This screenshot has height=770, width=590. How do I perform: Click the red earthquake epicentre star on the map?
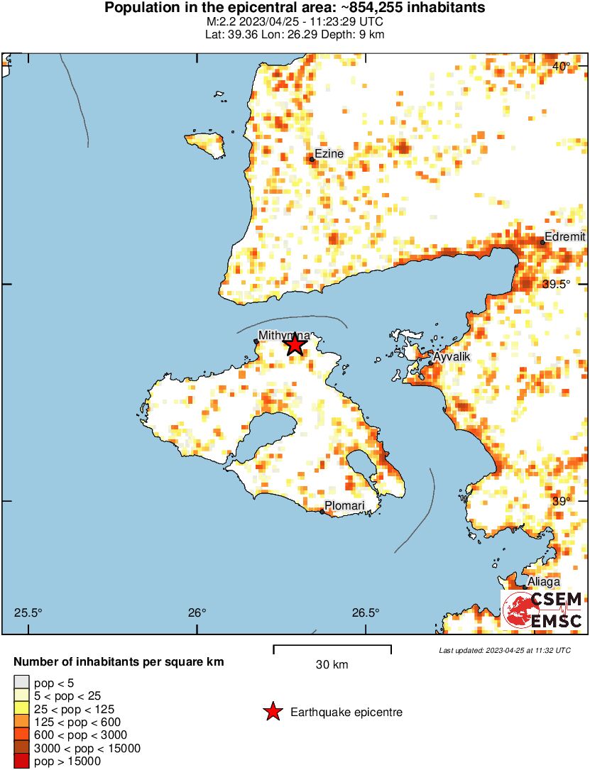295,345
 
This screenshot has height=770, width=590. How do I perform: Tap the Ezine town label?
329,153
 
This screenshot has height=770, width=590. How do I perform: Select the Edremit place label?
565,237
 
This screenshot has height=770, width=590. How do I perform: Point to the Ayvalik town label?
452,356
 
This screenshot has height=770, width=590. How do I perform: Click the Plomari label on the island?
344,506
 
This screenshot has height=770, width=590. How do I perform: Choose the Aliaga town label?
543,581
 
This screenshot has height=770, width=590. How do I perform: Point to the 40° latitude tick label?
562,67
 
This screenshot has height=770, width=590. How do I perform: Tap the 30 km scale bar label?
332,665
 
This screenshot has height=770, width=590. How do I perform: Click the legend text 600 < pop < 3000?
78,735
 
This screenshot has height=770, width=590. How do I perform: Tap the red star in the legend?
272,712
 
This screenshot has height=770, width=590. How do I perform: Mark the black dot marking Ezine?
312,159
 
